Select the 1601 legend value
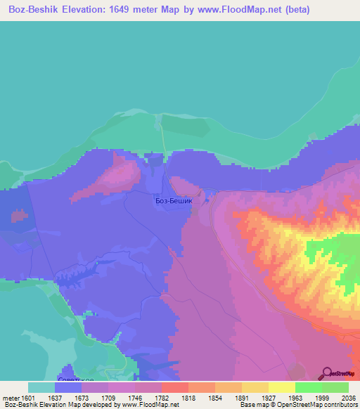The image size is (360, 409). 28,398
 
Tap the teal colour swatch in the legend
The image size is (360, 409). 41,387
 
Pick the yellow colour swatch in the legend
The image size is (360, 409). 281,387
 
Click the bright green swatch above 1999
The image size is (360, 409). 308,387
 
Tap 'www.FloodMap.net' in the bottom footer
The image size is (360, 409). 149,405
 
